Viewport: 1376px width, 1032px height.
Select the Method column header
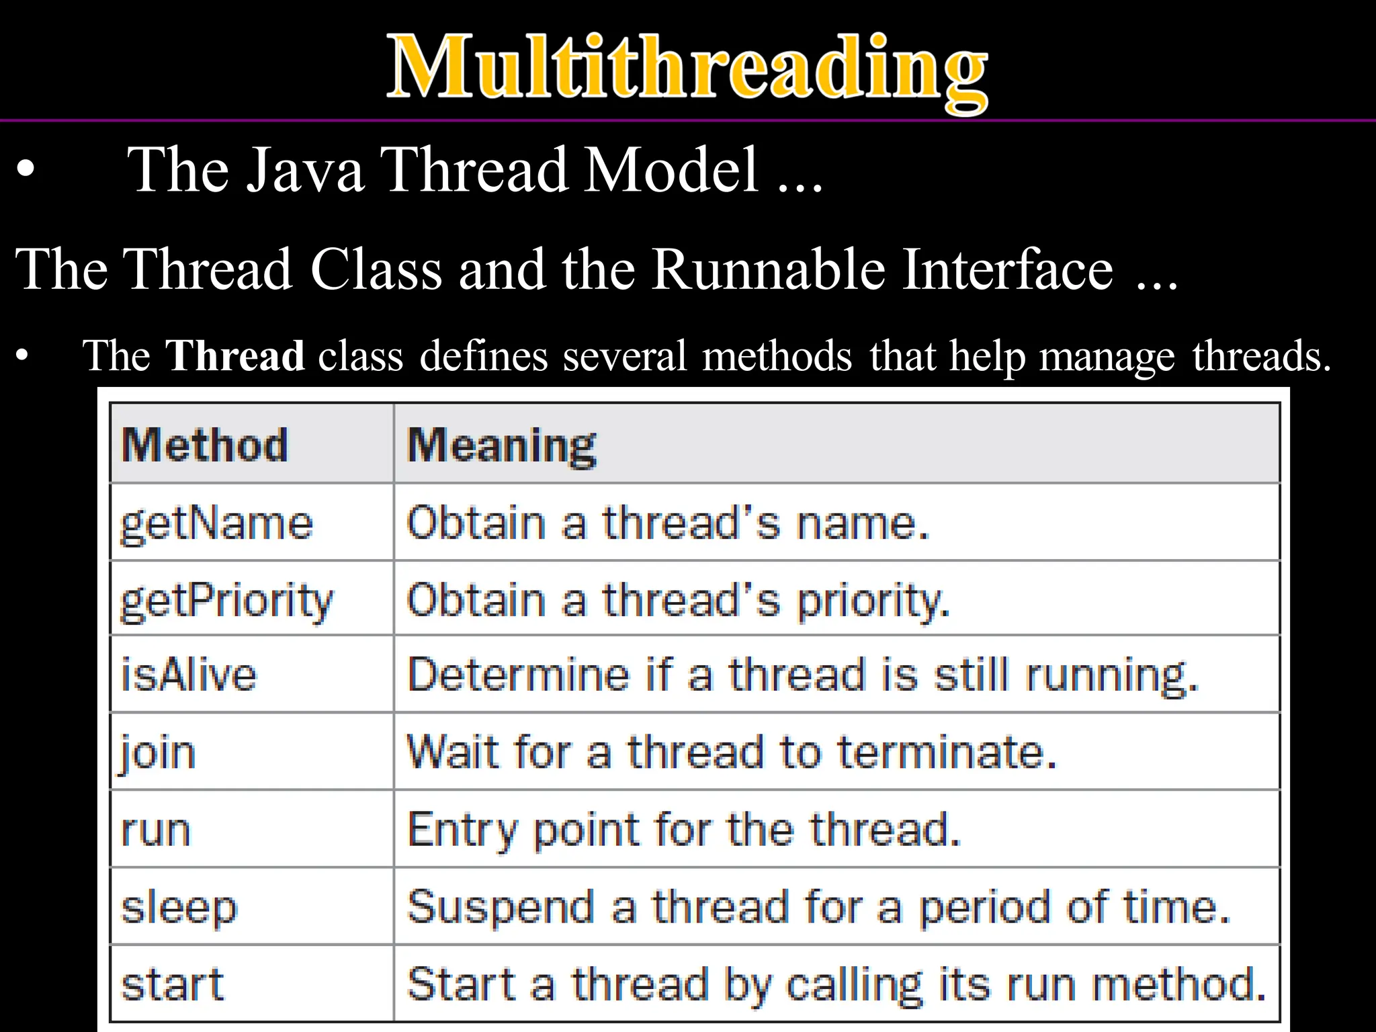click(x=205, y=445)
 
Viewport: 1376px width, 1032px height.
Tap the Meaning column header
click(x=501, y=445)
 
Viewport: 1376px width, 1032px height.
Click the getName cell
click(x=216, y=524)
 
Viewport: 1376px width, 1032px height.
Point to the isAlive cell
click(x=189, y=675)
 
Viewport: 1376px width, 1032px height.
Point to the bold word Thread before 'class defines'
click(x=235, y=355)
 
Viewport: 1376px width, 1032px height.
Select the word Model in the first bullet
click(x=671, y=170)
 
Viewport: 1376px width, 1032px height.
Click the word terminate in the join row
click(x=947, y=752)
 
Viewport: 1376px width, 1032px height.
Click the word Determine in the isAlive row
click(x=518, y=675)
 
